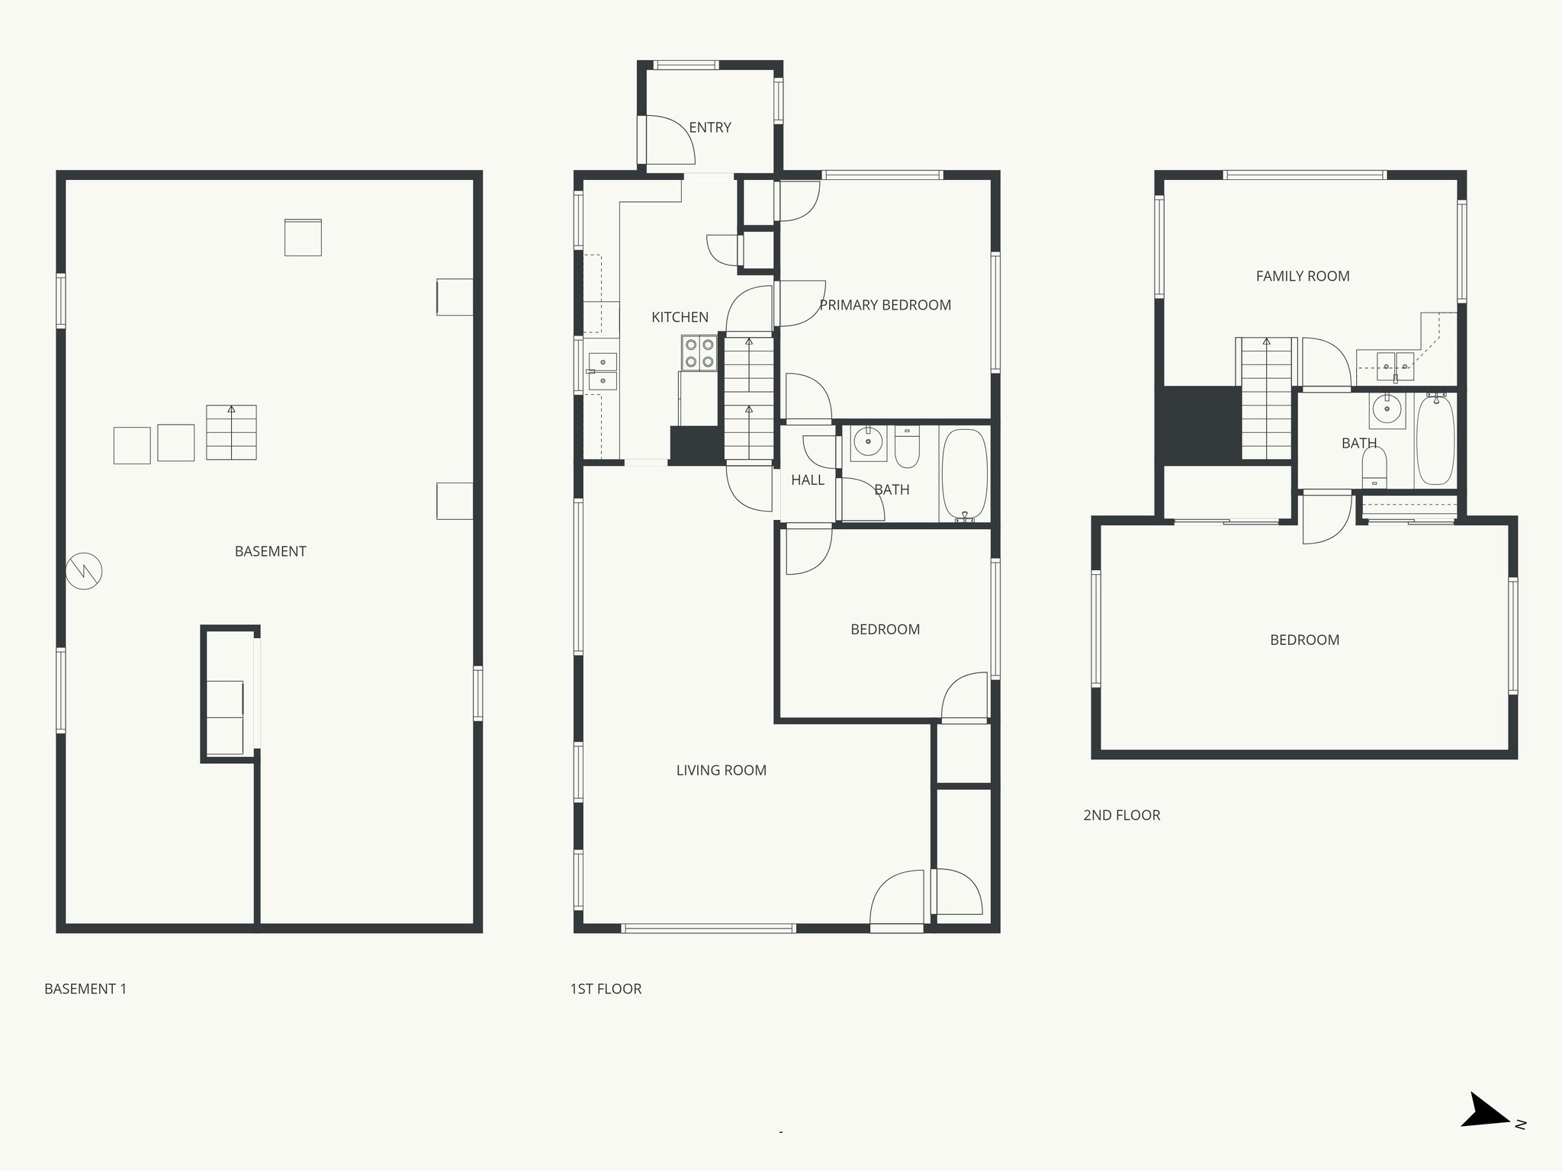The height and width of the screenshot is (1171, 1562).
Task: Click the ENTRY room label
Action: point(710,127)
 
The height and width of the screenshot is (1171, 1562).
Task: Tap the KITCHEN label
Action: point(680,317)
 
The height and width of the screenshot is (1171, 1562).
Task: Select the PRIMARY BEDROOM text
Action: point(885,305)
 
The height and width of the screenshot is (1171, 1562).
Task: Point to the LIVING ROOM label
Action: point(721,770)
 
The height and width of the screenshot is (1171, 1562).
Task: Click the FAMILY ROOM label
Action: point(1303,276)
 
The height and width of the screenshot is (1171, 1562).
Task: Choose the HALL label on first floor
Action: point(808,480)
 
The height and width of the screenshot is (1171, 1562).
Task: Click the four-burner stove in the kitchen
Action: point(699,353)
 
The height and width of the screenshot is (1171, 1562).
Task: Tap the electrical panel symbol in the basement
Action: point(84,571)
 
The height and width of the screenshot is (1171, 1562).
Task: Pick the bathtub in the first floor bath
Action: point(965,474)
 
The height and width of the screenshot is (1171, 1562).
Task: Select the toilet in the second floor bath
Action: point(1374,467)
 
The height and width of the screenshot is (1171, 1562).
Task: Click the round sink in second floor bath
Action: point(1387,409)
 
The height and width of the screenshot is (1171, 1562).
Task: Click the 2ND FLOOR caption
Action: point(1121,815)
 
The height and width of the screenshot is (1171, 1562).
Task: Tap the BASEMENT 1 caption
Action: point(85,989)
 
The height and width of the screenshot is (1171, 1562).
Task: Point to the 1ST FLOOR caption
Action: point(606,989)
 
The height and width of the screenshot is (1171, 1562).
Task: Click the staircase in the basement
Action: point(231,432)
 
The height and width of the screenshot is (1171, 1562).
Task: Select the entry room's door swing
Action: point(669,140)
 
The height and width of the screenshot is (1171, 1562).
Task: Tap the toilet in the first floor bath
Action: point(907,448)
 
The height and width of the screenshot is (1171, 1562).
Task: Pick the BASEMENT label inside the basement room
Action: point(270,551)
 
